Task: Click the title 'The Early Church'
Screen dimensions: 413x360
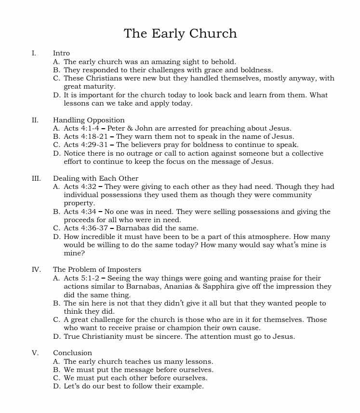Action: point(180,33)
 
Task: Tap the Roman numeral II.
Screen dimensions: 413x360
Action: point(35,120)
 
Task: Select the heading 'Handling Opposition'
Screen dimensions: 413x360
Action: point(89,120)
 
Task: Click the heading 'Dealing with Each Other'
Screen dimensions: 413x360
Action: point(95,178)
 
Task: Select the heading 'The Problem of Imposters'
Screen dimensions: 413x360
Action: point(97,269)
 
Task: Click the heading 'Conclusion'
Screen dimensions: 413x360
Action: point(72,353)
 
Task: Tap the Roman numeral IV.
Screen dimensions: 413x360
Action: point(36,269)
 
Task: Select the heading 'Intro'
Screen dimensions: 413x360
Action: point(61,53)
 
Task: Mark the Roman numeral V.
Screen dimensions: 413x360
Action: point(35,353)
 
